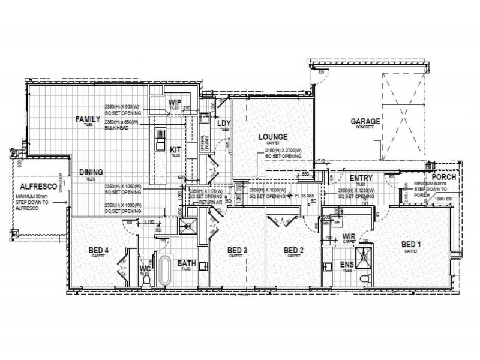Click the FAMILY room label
tap(88, 119)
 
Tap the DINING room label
tap(91, 172)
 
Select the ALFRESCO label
tap(37, 187)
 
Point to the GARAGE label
tap(366, 122)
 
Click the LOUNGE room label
tap(273, 137)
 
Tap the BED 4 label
tap(99, 250)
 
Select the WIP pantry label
tap(175, 102)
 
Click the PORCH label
tap(444, 177)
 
